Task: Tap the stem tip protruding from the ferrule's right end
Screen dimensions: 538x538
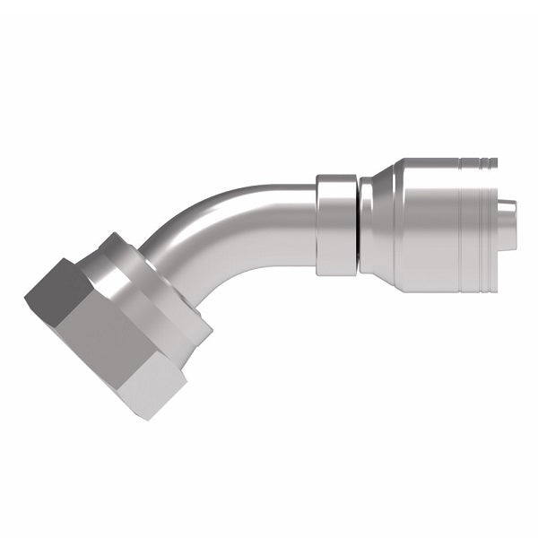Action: pos(508,224)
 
